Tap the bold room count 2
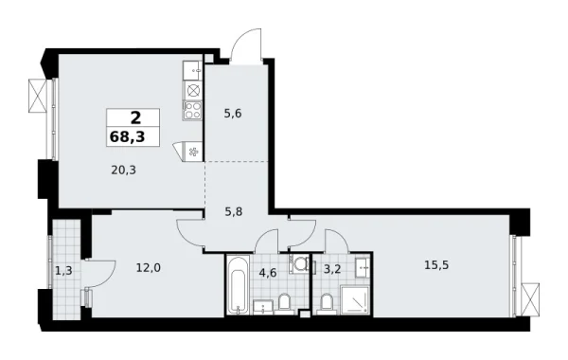click(x=133, y=117)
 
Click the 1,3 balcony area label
click(x=63, y=272)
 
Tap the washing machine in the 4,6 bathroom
click(x=299, y=264)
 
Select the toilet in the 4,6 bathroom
click(x=284, y=302)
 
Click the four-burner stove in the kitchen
click(x=193, y=110)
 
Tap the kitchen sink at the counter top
click(x=193, y=68)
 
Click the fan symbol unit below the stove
click(x=194, y=150)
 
